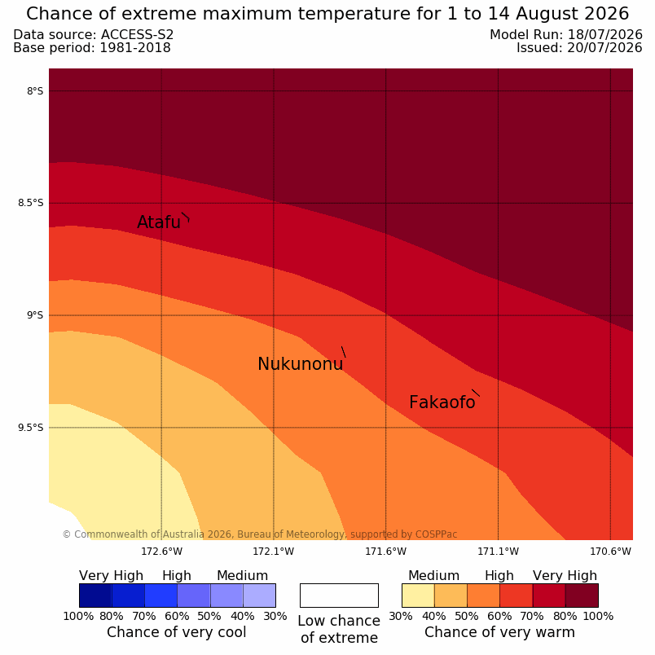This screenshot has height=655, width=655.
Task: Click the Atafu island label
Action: click(159, 222)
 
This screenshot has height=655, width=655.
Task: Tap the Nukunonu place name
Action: click(301, 364)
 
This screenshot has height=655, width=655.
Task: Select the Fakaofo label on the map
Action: click(442, 402)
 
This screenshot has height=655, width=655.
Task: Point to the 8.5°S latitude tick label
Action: click(30, 203)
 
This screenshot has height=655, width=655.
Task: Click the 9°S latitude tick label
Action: click(35, 315)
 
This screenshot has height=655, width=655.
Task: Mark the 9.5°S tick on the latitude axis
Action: click(30, 428)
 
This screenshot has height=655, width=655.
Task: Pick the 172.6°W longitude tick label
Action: click(161, 552)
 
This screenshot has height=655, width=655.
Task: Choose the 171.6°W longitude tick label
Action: click(385, 552)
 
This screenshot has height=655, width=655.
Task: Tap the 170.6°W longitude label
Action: click(610, 552)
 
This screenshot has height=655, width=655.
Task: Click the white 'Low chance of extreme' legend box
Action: click(339, 596)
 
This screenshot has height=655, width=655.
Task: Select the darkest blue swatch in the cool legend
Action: click(95, 596)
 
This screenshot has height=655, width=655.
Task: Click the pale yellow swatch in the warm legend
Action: click(418, 596)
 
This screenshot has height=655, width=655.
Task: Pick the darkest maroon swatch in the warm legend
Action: click(582, 596)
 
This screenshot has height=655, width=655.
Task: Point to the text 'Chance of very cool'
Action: click(176, 632)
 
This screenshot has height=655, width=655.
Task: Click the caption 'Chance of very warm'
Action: click(499, 632)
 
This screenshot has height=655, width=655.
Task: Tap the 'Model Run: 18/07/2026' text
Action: click(566, 35)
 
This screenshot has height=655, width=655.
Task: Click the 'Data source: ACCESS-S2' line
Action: click(94, 35)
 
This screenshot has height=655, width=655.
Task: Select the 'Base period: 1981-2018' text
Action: click(92, 48)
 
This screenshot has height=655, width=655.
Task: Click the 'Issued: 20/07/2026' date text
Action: click(579, 48)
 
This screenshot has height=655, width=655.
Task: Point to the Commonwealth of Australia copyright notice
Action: click(260, 534)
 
